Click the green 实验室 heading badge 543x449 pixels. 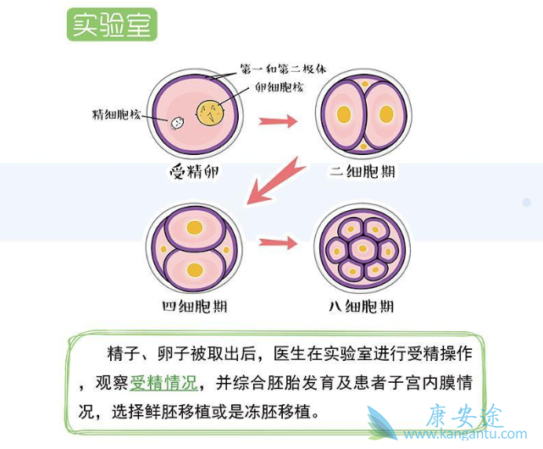pos(112,25)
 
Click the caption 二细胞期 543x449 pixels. pos(363,173)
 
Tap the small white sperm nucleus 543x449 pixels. pos(178,123)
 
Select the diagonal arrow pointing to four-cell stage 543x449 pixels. pos(275,180)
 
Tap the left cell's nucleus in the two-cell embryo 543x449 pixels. pos(343,114)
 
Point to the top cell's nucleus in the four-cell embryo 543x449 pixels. pos(195,228)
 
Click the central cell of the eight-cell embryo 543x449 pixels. pos(363,248)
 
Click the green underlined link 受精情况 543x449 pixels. pos(163,383)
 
